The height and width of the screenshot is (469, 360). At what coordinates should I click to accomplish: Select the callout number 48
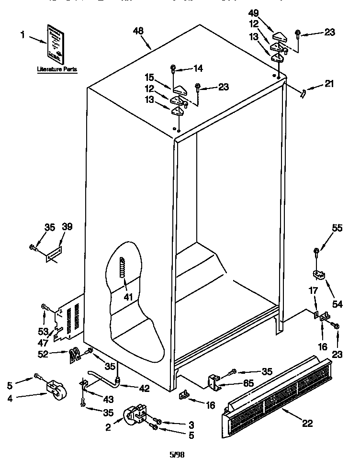click(138, 32)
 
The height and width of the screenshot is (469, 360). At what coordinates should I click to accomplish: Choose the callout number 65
click(248, 383)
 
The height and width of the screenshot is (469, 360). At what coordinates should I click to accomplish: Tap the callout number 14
click(197, 68)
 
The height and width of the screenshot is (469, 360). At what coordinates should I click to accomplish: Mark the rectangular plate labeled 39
click(53, 254)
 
